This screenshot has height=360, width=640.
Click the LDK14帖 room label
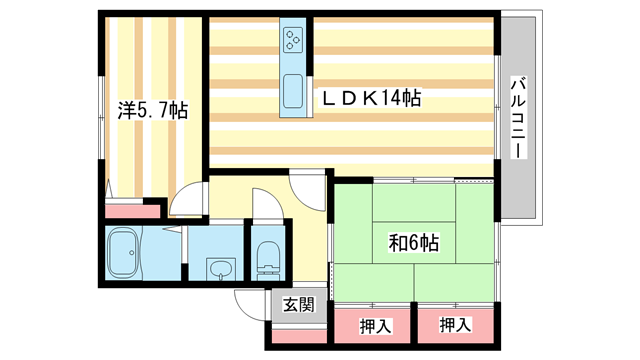tap(370, 99)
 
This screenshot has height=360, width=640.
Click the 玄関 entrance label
tap(297, 304)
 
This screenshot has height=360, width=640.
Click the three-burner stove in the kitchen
tap(294, 41)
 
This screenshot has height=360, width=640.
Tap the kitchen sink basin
tap(294, 91)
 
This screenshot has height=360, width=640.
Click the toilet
tap(268, 257)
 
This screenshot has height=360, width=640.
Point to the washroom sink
tap(221, 267)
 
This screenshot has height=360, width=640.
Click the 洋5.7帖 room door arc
tap(185, 203)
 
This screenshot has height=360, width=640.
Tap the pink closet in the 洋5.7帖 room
tap(133, 211)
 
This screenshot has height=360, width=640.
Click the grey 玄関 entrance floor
tap(297, 320)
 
